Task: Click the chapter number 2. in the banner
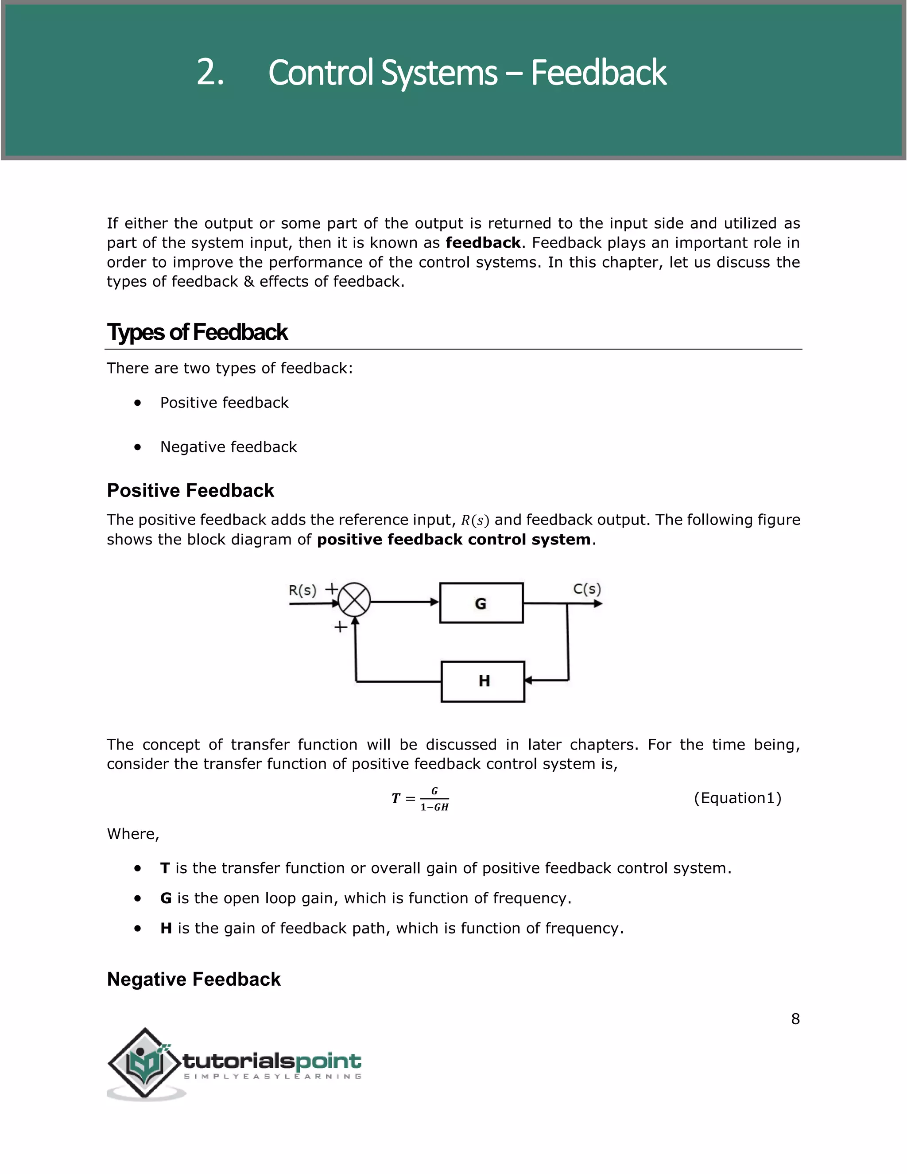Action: click(x=209, y=73)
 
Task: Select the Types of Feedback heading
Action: click(x=197, y=332)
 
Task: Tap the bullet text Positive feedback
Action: click(x=224, y=403)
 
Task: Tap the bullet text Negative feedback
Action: click(x=229, y=447)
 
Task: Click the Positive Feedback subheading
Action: click(x=190, y=490)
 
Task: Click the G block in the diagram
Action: click(x=481, y=603)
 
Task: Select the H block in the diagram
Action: click(x=483, y=681)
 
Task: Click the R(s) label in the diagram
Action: click(x=302, y=590)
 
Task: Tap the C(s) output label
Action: click(x=587, y=589)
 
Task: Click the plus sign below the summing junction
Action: click(x=340, y=627)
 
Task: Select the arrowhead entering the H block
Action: click(x=528, y=680)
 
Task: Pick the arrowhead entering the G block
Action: click(x=435, y=602)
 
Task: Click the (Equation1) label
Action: click(x=737, y=798)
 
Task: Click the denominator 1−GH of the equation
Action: click(x=434, y=807)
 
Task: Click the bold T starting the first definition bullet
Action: click(x=165, y=868)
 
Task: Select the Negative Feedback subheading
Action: click(x=194, y=979)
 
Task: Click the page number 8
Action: click(x=795, y=1019)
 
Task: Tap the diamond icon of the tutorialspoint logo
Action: click(x=143, y=1063)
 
